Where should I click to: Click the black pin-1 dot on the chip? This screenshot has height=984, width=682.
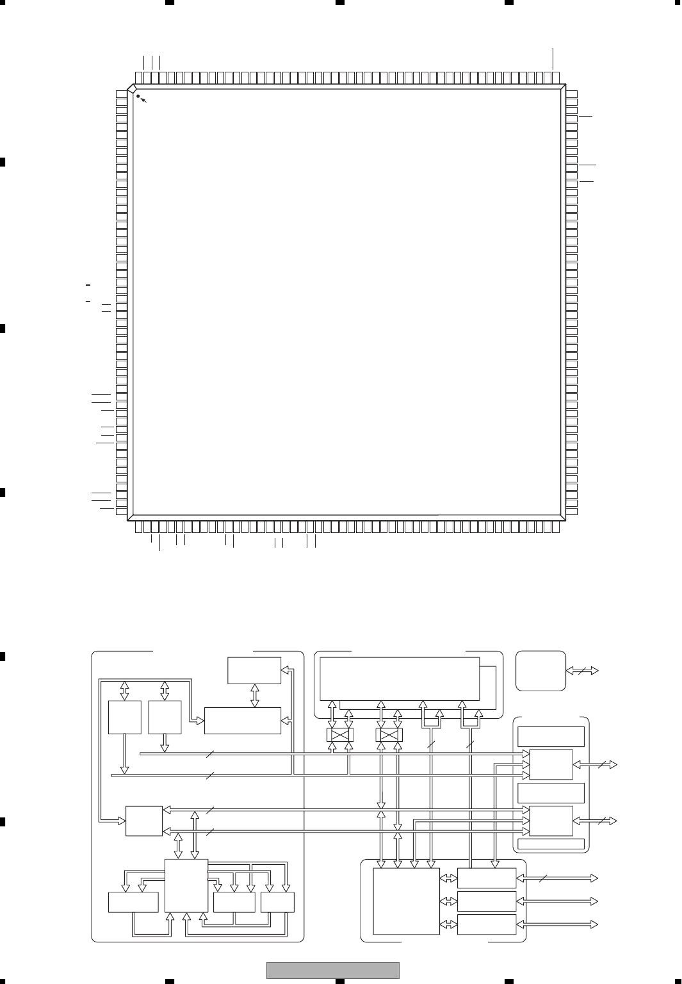(x=138, y=96)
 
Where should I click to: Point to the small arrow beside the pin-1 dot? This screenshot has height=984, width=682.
(x=143, y=101)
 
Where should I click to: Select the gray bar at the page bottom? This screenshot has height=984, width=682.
(x=332, y=971)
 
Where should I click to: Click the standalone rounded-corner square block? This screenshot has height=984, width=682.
(x=540, y=671)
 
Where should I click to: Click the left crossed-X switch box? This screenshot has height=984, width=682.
(x=340, y=735)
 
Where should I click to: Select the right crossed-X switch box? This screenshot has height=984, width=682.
(x=389, y=735)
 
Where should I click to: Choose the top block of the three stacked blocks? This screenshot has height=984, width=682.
(x=487, y=878)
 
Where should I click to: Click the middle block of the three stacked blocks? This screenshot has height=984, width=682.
(x=487, y=901)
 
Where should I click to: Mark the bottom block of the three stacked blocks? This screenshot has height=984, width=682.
(x=487, y=924)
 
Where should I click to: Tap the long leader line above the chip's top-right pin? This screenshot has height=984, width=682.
(x=553, y=58)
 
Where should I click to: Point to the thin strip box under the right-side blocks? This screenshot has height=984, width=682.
(x=551, y=844)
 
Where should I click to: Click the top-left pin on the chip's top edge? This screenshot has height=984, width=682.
(x=139, y=78)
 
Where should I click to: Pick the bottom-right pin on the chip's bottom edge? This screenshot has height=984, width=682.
(x=556, y=527)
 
